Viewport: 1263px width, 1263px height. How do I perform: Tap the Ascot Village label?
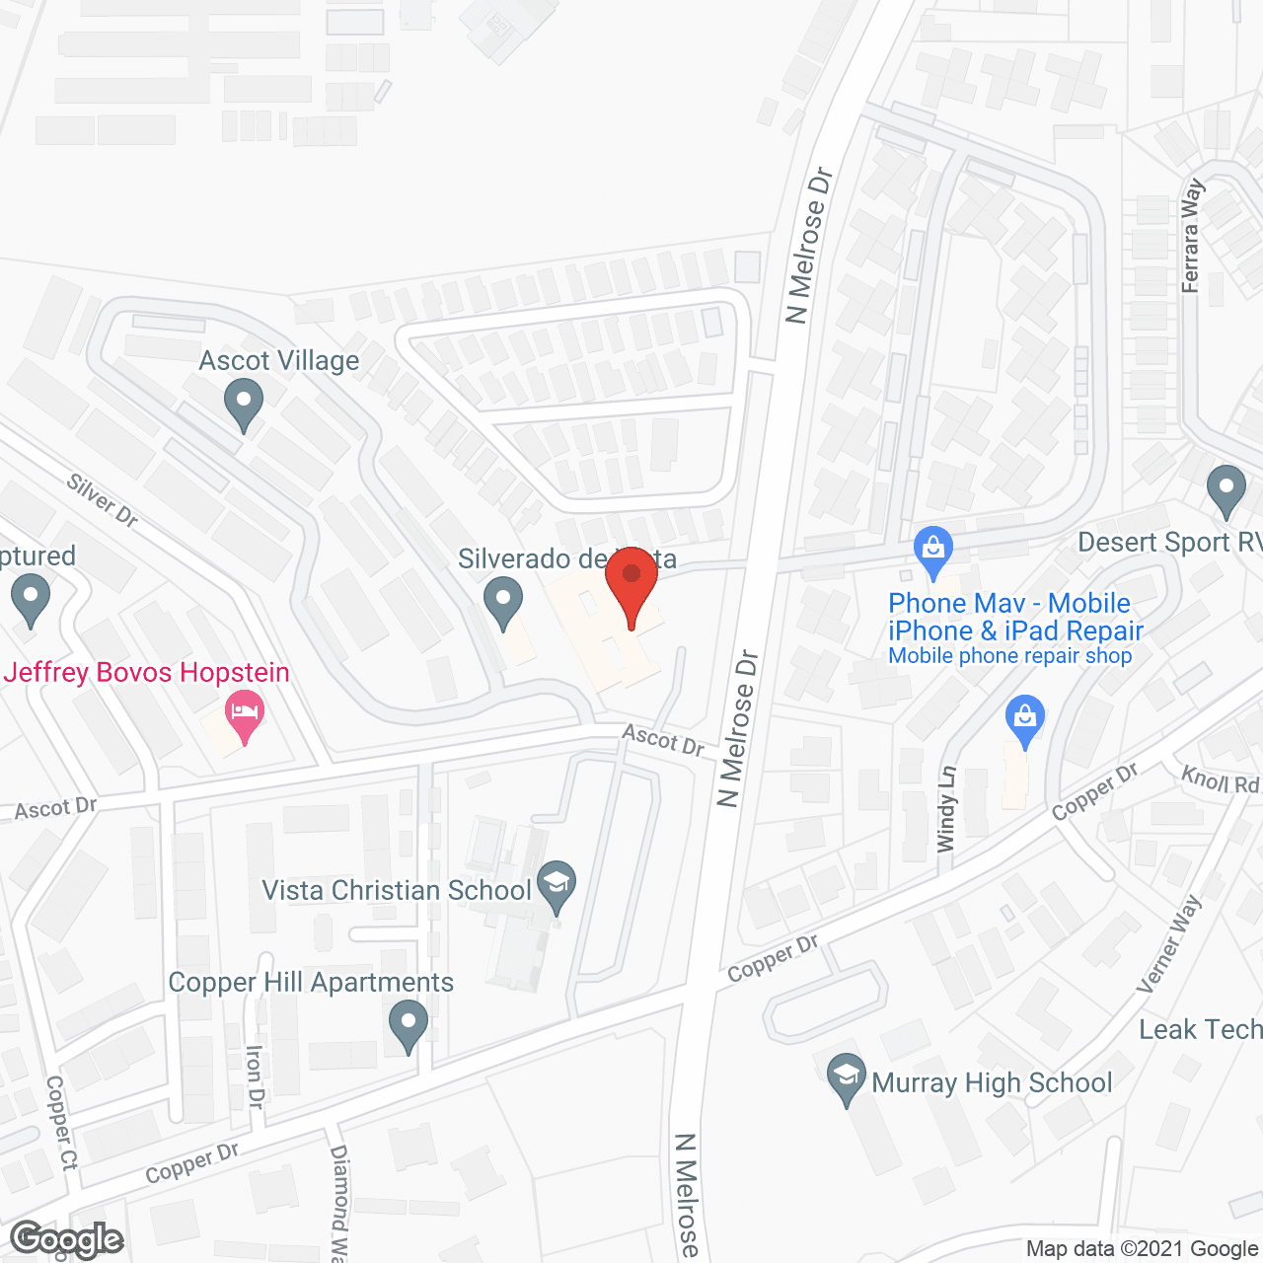[x=279, y=361]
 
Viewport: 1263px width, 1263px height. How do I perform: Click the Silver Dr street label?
[x=103, y=499]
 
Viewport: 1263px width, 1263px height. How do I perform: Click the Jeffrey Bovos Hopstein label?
[x=147, y=673]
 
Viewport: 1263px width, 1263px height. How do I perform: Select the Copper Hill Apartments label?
[x=311, y=983]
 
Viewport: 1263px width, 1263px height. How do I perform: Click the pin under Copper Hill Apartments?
[x=408, y=1025]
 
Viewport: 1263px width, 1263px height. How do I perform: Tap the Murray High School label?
[x=992, y=1082]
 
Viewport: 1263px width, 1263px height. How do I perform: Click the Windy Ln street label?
[x=946, y=809]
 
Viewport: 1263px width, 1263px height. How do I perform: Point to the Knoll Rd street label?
[x=1221, y=780]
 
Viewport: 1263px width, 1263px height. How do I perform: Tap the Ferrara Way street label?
[x=1191, y=236]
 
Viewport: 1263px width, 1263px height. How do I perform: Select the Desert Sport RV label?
[x=1169, y=543]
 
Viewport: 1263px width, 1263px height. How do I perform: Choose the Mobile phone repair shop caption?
[x=1010, y=656]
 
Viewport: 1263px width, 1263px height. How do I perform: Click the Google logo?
[x=66, y=1239]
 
